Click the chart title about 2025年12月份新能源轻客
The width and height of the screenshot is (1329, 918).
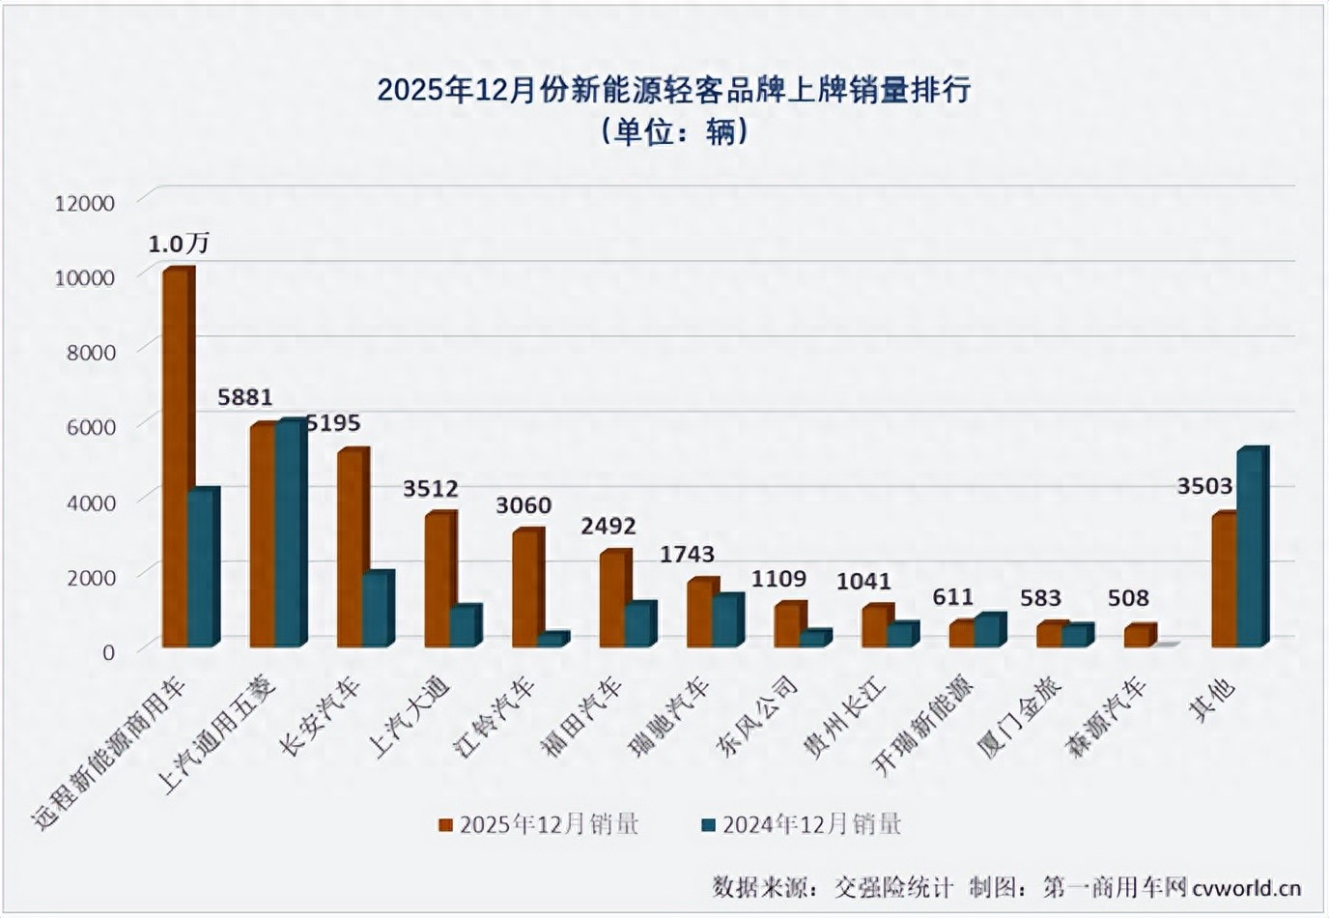pyautogui.click(x=673, y=90)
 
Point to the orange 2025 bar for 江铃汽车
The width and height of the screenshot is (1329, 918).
pyautogui.click(x=525, y=588)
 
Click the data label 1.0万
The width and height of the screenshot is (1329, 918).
pyautogui.click(x=179, y=244)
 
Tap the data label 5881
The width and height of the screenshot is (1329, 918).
pyautogui.click(x=245, y=397)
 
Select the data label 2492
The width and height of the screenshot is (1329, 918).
pyautogui.click(x=608, y=526)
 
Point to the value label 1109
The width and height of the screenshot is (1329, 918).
pyautogui.click(x=778, y=578)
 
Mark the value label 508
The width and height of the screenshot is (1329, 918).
pyautogui.click(x=1128, y=598)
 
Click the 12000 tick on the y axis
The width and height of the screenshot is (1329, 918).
pyautogui.click(x=85, y=203)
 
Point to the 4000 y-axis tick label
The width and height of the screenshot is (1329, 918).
pyautogui.click(x=91, y=502)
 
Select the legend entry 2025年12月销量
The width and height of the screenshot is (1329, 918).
pyautogui.click(x=539, y=824)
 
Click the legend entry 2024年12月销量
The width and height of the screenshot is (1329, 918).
pyautogui.click(x=802, y=824)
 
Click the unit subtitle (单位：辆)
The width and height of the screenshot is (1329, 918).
pyautogui.click(x=673, y=130)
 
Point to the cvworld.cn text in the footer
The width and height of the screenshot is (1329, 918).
pyautogui.click(x=1246, y=887)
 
